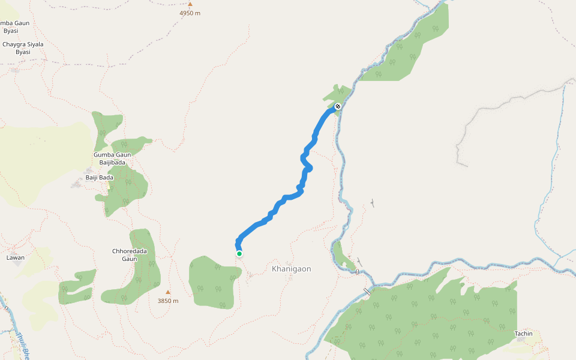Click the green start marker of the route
point(239,254)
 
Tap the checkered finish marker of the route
point(338,107)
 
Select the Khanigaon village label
point(292,269)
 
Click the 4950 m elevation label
point(190,13)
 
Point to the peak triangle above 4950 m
point(190,4)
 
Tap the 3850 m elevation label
point(168,301)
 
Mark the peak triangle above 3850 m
point(168,292)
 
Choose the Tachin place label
point(523,334)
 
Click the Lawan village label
point(15,257)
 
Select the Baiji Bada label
point(99,178)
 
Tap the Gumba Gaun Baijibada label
point(112,158)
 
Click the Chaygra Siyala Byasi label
point(23,48)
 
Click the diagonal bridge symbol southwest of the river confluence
point(367,292)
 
